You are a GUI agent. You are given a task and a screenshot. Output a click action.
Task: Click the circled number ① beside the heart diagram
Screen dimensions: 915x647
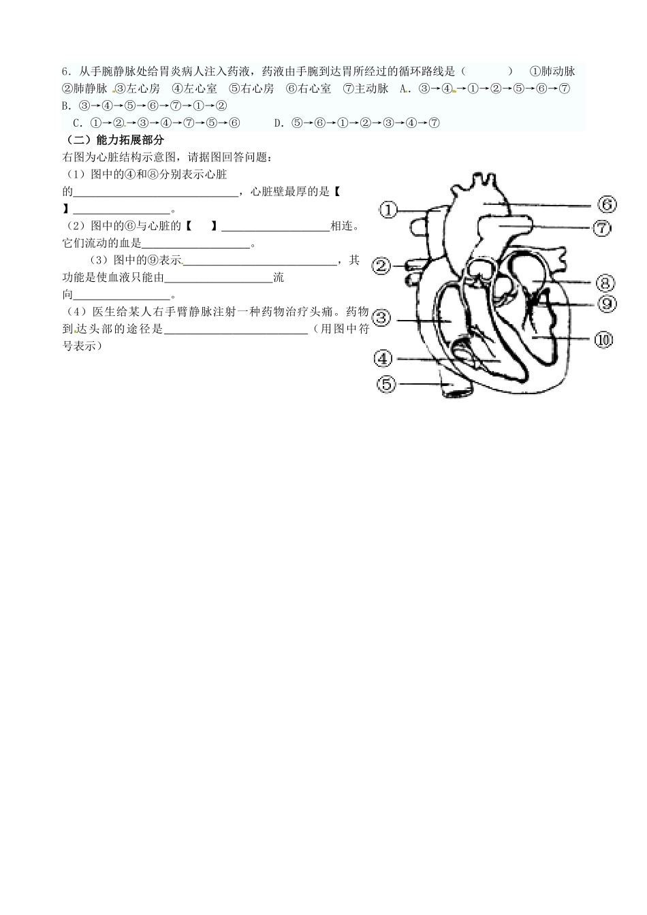click(388, 210)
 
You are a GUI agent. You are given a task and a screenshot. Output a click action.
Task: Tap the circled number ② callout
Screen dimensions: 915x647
click(382, 266)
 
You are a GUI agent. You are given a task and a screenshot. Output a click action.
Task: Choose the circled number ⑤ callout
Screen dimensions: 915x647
click(386, 384)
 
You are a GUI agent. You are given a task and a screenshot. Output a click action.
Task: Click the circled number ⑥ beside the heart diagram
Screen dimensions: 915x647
click(607, 204)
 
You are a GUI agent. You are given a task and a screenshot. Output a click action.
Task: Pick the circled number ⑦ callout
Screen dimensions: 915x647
click(603, 228)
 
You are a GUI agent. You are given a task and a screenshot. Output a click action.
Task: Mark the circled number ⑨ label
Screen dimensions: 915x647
click(607, 304)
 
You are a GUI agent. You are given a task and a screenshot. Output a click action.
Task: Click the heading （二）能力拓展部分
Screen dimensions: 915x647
click(113, 140)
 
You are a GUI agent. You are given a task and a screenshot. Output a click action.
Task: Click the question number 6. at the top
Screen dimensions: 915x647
click(66, 71)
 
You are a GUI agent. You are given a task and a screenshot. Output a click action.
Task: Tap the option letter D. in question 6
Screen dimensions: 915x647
click(279, 123)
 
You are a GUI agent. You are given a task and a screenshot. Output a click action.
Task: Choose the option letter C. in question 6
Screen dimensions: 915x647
click(78, 123)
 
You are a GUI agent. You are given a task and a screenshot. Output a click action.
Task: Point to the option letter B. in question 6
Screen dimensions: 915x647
click(66, 106)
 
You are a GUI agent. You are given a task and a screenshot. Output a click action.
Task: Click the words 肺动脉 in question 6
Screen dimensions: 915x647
click(558, 71)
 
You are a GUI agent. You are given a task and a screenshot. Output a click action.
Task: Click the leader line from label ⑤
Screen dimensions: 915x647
click(422, 384)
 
